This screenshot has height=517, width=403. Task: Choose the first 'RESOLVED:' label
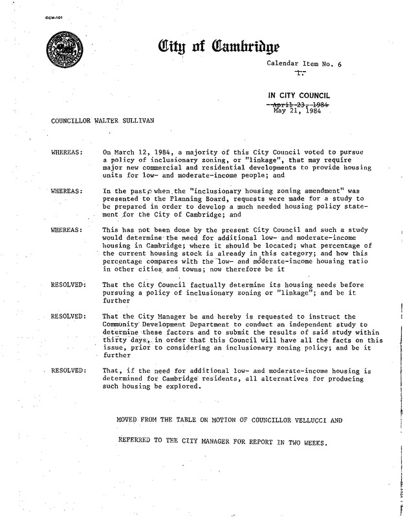64,284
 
